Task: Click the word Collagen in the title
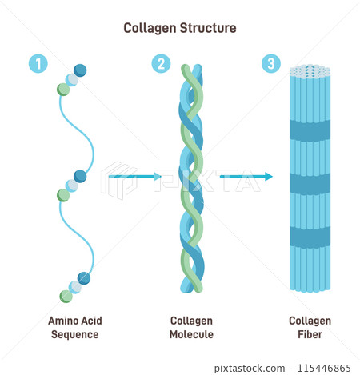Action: tap(148, 28)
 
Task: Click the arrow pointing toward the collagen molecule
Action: tap(134, 176)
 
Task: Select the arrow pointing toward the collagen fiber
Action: tap(246, 176)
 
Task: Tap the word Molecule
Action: tap(192, 335)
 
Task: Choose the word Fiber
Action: tap(310, 335)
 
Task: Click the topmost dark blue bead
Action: tap(80, 70)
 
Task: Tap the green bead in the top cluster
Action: tap(63, 89)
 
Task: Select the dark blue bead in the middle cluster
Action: tap(80, 176)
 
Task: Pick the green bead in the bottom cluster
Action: tap(63, 194)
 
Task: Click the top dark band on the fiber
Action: tap(310, 130)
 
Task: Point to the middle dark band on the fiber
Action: tap(310, 184)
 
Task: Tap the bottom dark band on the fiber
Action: tap(310, 237)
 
